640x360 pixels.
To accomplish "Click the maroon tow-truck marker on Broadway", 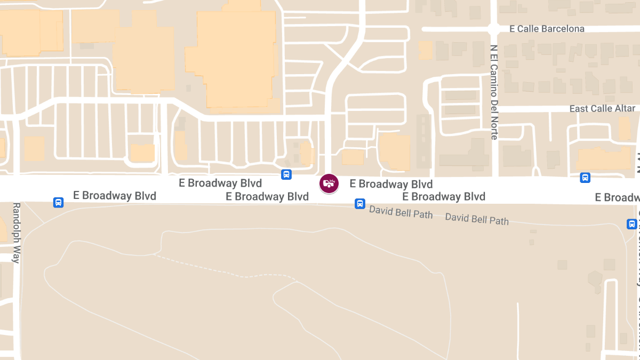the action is click(x=329, y=183).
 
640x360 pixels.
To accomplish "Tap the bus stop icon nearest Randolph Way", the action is click(x=58, y=203).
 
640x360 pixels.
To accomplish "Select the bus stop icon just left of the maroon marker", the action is click(x=286, y=174).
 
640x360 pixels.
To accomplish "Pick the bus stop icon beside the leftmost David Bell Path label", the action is click(x=360, y=204).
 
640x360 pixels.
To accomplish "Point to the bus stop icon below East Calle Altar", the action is click(x=585, y=178).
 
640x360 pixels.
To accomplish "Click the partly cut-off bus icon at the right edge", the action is click(x=632, y=224).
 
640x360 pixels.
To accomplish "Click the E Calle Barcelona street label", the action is click(x=547, y=29).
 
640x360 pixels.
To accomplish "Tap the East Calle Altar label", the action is click(x=602, y=109).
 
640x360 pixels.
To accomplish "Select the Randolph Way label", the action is click(x=16, y=233).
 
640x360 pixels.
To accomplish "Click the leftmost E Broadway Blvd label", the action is click(x=115, y=196).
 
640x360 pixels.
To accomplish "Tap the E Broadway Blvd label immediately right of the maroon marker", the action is click(x=391, y=185).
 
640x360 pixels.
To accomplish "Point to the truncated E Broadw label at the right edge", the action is click(x=617, y=198).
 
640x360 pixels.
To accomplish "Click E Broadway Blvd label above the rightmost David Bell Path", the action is click(x=444, y=197).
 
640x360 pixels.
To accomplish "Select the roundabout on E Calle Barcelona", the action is click(x=493, y=29).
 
